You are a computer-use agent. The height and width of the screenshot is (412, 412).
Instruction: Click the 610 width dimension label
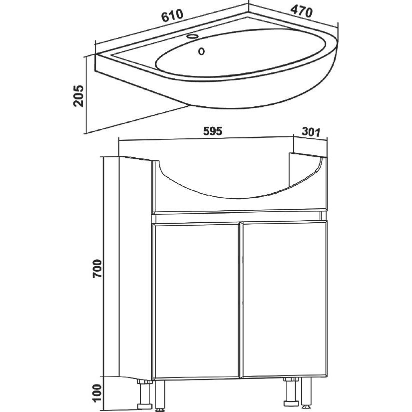[x=172, y=16]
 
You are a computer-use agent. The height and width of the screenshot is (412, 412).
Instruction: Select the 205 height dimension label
[x=78, y=96]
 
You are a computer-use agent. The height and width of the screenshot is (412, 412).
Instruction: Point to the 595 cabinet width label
[x=213, y=131]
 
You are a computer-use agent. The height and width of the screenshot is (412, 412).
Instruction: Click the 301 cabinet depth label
[x=311, y=132]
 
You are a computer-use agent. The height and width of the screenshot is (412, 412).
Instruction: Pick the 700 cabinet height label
[x=97, y=269]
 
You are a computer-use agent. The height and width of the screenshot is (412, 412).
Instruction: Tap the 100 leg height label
[x=97, y=393]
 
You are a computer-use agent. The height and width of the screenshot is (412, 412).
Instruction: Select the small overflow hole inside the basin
[x=201, y=51]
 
